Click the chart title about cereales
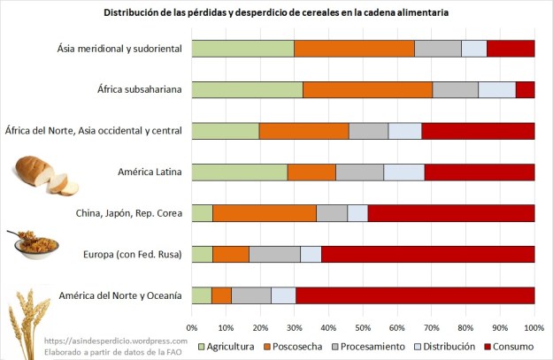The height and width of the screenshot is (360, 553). (x=276, y=14)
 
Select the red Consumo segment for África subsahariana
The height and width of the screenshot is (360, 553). (x=525, y=89)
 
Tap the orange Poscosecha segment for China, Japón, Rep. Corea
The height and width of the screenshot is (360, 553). (x=264, y=213)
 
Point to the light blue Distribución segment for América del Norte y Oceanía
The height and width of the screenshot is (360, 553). (x=283, y=295)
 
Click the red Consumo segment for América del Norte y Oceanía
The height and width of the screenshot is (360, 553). (x=414, y=295)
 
